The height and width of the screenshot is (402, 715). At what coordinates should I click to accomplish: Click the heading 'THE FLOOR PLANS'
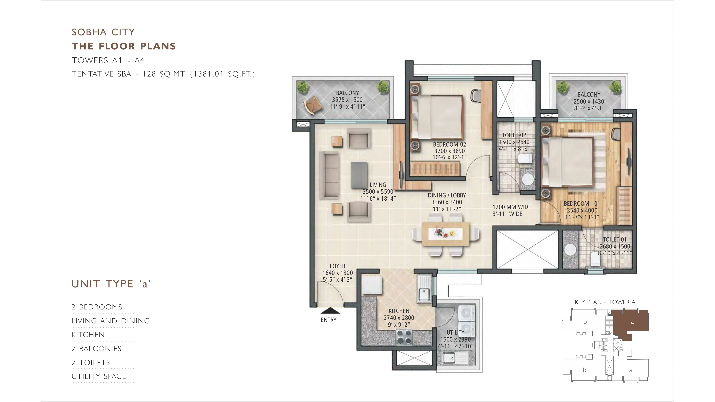124,46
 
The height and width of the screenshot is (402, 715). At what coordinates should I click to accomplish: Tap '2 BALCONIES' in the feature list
97,349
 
